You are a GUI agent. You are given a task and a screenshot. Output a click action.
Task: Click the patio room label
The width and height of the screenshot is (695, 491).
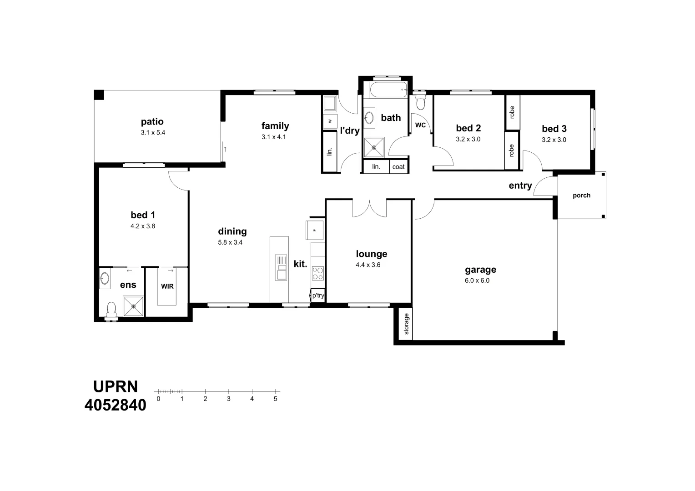point(152,122)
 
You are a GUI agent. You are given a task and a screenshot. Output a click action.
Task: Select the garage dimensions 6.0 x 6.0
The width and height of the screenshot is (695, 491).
point(477,281)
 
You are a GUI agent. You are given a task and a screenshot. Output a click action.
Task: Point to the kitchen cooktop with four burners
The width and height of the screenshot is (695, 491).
point(317,273)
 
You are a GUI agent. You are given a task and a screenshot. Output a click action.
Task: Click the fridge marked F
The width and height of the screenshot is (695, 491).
point(314,230)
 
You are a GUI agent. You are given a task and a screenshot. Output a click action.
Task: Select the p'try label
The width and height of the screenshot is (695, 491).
point(318,296)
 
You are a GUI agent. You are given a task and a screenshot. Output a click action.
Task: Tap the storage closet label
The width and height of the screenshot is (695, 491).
point(406,324)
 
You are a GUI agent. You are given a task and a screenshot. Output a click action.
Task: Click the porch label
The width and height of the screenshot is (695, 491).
point(581,195)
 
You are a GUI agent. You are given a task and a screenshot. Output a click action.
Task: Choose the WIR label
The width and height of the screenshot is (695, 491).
point(167,286)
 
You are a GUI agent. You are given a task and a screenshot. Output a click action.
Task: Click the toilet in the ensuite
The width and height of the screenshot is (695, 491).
point(111,310)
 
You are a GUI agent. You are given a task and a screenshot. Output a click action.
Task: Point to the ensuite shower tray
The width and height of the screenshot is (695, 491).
point(133,306)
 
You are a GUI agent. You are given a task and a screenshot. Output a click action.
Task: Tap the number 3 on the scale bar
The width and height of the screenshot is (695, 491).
point(228,399)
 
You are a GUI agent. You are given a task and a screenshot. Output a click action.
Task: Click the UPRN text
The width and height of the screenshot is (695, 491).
point(116,386)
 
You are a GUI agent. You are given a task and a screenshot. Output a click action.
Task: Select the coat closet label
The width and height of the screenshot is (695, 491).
point(398,167)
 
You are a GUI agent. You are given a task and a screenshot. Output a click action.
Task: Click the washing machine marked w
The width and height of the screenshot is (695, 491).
point(329,121)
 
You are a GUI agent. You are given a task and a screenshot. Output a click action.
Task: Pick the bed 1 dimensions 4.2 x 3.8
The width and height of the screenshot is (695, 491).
point(143,226)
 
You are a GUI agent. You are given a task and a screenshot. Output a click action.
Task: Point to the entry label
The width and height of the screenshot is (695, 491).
point(520,185)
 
